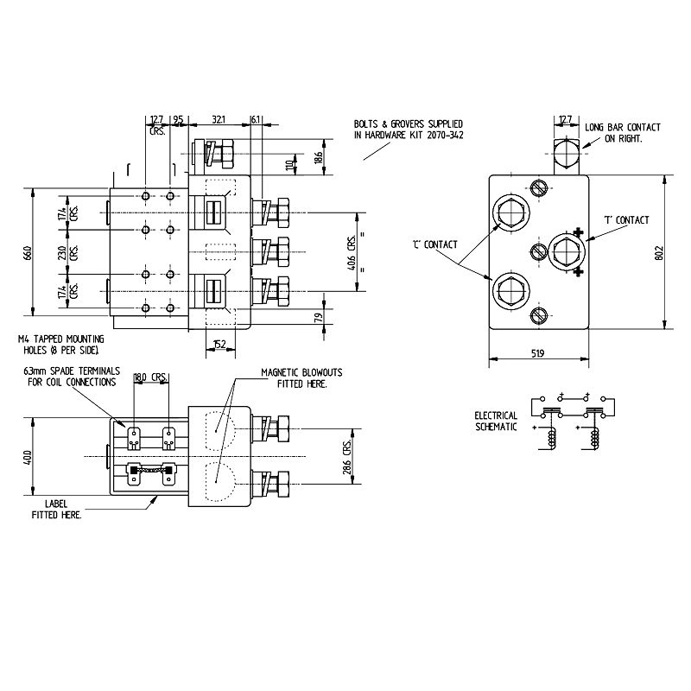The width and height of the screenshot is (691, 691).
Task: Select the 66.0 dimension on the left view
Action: pyautogui.click(x=27, y=253)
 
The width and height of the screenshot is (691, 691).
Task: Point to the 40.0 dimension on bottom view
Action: pyautogui.click(x=27, y=455)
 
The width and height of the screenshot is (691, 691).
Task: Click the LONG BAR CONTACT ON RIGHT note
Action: pyautogui.click(x=622, y=133)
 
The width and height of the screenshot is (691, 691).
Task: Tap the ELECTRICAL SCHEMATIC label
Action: pyautogui.click(x=496, y=422)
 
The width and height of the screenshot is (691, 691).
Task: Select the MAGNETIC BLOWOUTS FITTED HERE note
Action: pyautogui.click(x=301, y=377)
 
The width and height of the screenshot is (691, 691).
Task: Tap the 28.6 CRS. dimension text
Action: pyautogui.click(x=347, y=456)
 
